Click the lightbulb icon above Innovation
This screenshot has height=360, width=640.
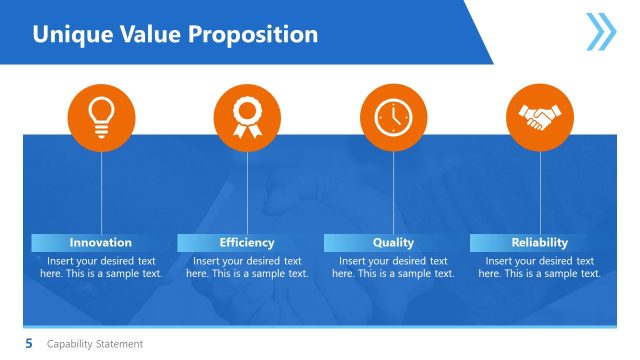click(101, 118)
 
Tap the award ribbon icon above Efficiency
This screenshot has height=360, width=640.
click(247, 118)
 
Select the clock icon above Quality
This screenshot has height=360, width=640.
click(393, 118)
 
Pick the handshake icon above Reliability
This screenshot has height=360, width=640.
click(540, 118)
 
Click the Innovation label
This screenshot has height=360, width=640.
click(100, 242)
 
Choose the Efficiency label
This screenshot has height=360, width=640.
click(247, 242)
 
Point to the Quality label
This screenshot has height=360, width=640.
click(393, 242)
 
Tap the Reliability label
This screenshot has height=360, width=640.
click(540, 242)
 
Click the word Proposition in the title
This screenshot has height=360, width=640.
click(258, 34)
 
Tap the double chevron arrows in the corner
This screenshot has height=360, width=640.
click(601, 32)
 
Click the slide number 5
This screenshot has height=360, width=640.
click(29, 344)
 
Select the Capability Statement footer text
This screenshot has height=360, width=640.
click(95, 344)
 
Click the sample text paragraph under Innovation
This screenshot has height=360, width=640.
click(101, 267)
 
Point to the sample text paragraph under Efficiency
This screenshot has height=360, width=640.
click(247, 267)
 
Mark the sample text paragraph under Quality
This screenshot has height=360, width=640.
click(393, 267)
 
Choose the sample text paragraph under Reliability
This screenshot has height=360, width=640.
click(540, 267)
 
